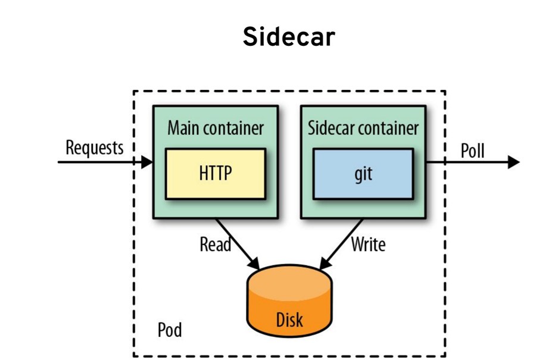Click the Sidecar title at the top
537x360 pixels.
[289, 37]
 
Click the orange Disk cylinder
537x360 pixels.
[289, 300]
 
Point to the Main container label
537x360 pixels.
[216, 127]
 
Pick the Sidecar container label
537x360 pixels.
[363, 127]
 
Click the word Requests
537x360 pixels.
[95, 147]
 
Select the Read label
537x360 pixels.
[215, 243]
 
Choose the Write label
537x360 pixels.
[368, 243]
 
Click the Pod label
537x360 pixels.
[170, 329]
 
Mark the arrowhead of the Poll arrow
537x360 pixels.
[514, 162]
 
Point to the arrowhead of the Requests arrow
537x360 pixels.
[147, 161]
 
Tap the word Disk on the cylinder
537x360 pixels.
[289, 320]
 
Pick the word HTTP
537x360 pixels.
[216, 173]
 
